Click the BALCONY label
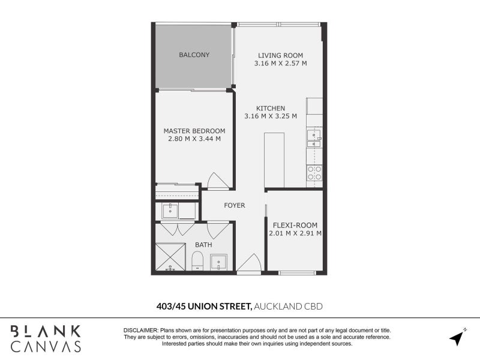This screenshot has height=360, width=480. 194,55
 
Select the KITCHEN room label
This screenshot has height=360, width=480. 271,108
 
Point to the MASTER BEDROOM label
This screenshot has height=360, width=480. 194,131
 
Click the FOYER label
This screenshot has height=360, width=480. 235,205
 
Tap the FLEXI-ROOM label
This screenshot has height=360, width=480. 295,226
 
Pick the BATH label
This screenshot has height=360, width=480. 203,245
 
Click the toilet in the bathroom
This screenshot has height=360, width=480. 197,262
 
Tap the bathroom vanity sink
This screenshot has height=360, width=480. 218,262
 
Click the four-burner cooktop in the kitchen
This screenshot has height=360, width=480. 314,173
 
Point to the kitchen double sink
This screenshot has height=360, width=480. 314,139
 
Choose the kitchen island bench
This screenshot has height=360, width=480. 274,160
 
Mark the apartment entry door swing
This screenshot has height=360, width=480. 248,263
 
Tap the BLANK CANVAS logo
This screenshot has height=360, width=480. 46,338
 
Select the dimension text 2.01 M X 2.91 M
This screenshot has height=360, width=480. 295,233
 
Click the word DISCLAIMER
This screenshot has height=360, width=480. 140,331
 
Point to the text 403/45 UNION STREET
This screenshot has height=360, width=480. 204,306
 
